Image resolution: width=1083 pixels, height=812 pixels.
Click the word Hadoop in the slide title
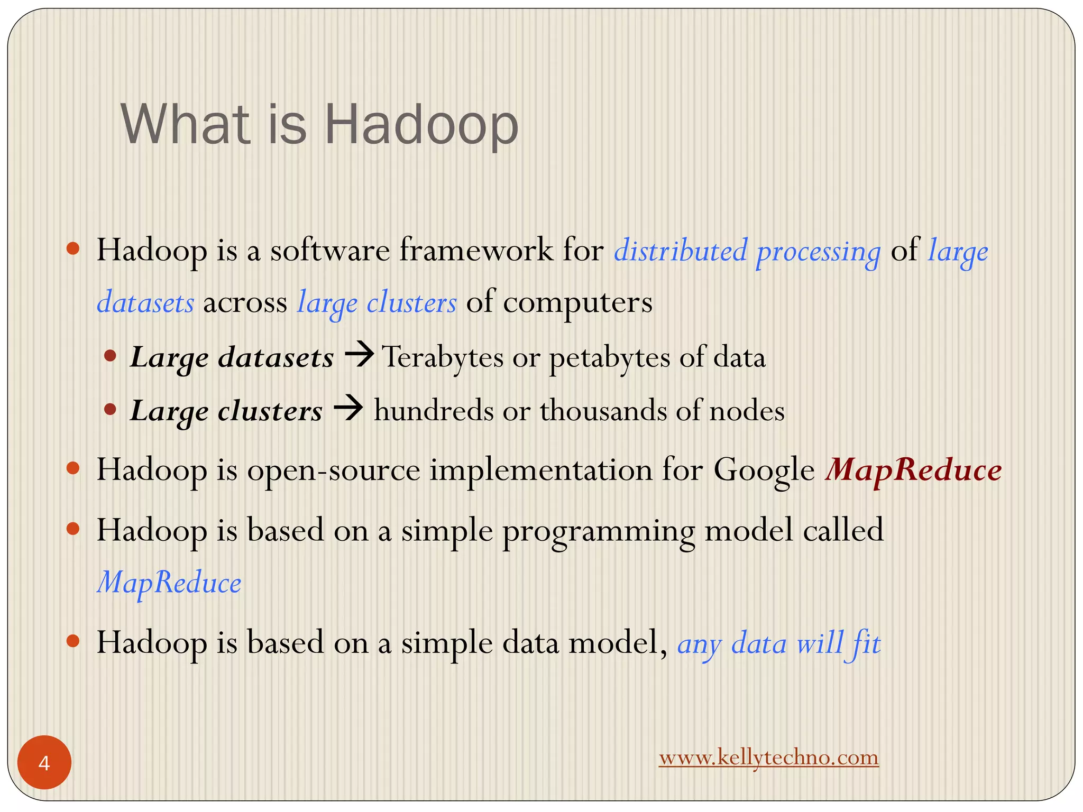point(421,125)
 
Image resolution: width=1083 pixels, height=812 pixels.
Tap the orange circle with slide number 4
point(44,763)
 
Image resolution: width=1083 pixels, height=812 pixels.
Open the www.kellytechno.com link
point(768,758)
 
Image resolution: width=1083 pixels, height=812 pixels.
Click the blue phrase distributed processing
point(747,251)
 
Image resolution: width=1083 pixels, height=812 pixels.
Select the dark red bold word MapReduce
point(913,470)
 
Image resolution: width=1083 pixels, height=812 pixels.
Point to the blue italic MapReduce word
point(169,583)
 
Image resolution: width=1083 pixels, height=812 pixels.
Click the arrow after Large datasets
point(359,355)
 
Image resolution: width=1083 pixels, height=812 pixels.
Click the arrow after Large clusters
point(348,409)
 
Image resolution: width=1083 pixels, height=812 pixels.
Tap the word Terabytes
point(443,357)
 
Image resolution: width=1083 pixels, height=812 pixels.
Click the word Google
point(764,470)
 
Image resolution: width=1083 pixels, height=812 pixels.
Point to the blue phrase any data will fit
point(778,644)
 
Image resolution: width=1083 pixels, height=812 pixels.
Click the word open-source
point(333,470)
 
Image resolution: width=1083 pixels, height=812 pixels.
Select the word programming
point(598,530)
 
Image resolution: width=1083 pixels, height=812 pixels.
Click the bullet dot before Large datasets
point(110,356)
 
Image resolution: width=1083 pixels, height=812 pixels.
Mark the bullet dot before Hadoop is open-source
point(73,468)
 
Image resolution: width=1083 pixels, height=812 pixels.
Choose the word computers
point(577,303)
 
